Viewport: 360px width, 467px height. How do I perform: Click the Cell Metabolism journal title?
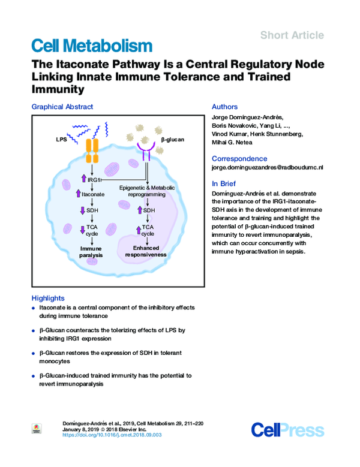[91, 46]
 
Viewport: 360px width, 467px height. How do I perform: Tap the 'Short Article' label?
[292, 35]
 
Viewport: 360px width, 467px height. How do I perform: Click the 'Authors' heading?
[224, 107]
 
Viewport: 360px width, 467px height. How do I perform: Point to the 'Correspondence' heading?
[239, 158]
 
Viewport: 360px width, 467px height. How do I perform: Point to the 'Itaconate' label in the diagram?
[94, 194]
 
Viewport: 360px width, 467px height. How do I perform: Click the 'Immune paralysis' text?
[91, 251]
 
